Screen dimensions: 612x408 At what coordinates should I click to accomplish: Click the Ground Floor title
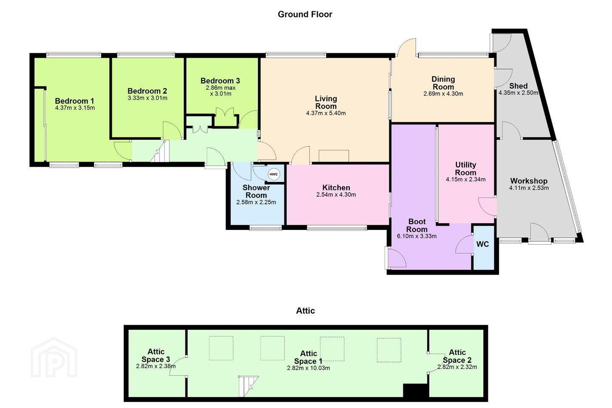tap(305, 14)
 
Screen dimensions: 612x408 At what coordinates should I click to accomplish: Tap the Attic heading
tap(306, 311)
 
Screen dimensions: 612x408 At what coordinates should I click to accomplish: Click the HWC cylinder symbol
tap(274, 174)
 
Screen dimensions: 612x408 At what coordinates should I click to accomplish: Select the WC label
tap(482, 244)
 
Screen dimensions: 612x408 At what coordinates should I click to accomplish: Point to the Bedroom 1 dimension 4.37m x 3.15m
tap(75, 108)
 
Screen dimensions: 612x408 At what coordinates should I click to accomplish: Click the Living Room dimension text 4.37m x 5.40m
tap(326, 113)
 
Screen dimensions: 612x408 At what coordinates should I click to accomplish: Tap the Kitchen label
tap(336, 187)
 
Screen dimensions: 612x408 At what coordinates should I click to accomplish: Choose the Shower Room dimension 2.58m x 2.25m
tap(256, 202)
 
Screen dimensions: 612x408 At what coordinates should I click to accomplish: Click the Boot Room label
tap(417, 225)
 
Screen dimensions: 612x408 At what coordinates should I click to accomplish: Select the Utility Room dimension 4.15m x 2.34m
tap(466, 179)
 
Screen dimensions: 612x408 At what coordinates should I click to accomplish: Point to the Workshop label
tap(529, 181)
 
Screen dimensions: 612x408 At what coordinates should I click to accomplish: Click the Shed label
tap(518, 86)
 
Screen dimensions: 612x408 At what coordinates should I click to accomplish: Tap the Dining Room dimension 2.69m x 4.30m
tap(443, 94)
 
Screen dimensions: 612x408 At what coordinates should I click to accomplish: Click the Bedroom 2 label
tap(147, 91)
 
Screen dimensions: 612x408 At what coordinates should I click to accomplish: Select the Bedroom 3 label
tap(220, 81)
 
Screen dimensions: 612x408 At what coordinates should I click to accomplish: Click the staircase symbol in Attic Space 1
tap(248, 386)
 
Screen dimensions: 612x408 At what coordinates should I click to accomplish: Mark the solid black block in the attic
tap(415, 391)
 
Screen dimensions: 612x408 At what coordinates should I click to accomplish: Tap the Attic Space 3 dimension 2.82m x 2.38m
tap(156, 366)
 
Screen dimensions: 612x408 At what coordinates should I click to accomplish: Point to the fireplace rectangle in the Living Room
tap(334, 156)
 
